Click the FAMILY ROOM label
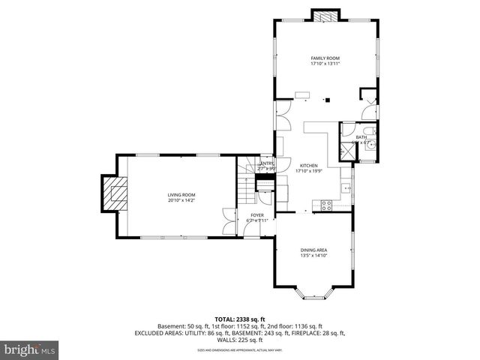325,58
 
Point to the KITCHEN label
309,166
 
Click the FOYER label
257,214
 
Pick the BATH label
361,137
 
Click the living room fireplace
115,195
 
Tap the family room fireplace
325,16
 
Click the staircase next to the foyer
247,187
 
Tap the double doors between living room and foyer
227,222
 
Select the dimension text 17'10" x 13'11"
325,64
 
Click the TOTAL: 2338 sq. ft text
239,319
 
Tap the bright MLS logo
30,349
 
